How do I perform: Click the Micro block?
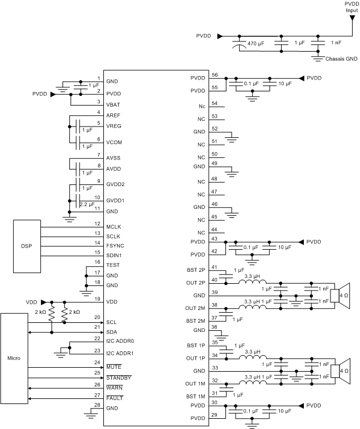coord(14,359)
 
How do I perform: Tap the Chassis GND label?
coord(341,58)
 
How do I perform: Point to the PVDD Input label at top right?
coord(351,6)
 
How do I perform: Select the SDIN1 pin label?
coord(115,256)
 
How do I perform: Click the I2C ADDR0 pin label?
coord(121,340)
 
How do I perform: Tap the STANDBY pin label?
coord(119,377)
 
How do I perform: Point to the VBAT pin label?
coord(114,104)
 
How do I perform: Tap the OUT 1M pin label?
coord(195,384)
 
